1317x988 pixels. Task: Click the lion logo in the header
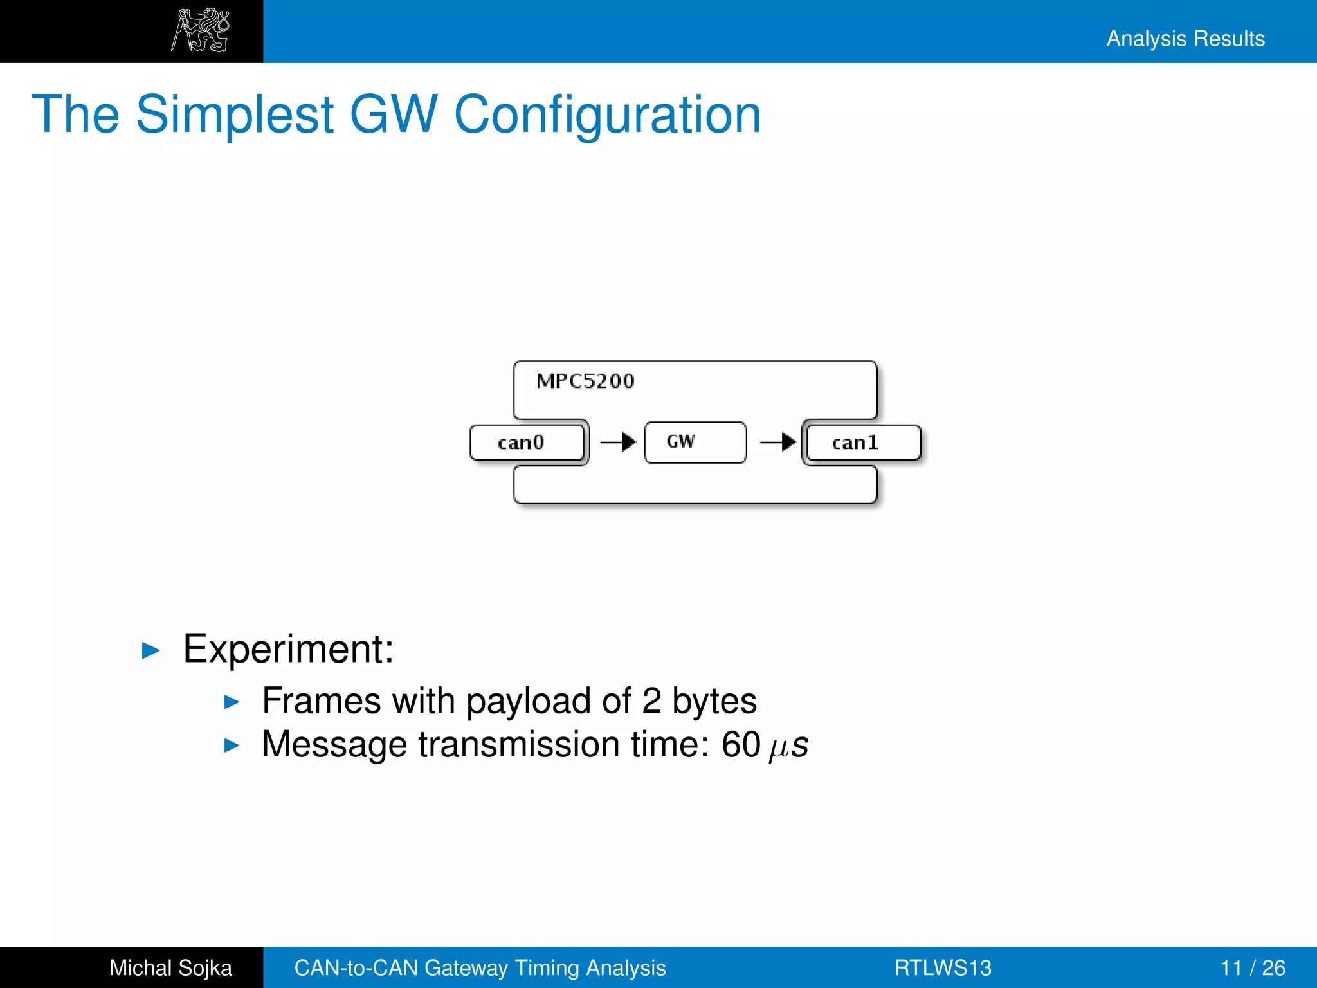pyautogui.click(x=201, y=31)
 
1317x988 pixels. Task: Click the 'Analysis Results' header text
pyautogui.click(x=1185, y=39)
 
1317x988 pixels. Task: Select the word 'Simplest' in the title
pyautogui.click(x=235, y=114)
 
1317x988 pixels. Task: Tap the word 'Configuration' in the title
pyautogui.click(x=607, y=114)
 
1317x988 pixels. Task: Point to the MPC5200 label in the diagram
pyautogui.click(x=585, y=381)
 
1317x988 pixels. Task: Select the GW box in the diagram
pyautogui.click(x=695, y=442)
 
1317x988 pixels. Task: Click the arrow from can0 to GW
pyautogui.click(x=618, y=442)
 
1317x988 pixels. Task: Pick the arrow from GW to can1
pyautogui.click(x=778, y=442)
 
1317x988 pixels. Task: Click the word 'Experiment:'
pyautogui.click(x=288, y=648)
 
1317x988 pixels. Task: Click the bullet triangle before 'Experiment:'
pyautogui.click(x=150, y=650)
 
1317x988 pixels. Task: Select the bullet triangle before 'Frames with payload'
pyautogui.click(x=232, y=702)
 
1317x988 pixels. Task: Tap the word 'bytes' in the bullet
pyautogui.click(x=714, y=700)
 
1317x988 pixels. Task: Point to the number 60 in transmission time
pyautogui.click(x=741, y=744)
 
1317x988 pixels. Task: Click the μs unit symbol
pyautogui.click(x=788, y=746)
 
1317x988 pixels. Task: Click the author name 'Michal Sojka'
pyautogui.click(x=170, y=967)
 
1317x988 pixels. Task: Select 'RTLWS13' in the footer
pyautogui.click(x=943, y=967)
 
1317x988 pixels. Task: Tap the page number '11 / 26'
pyautogui.click(x=1252, y=967)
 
